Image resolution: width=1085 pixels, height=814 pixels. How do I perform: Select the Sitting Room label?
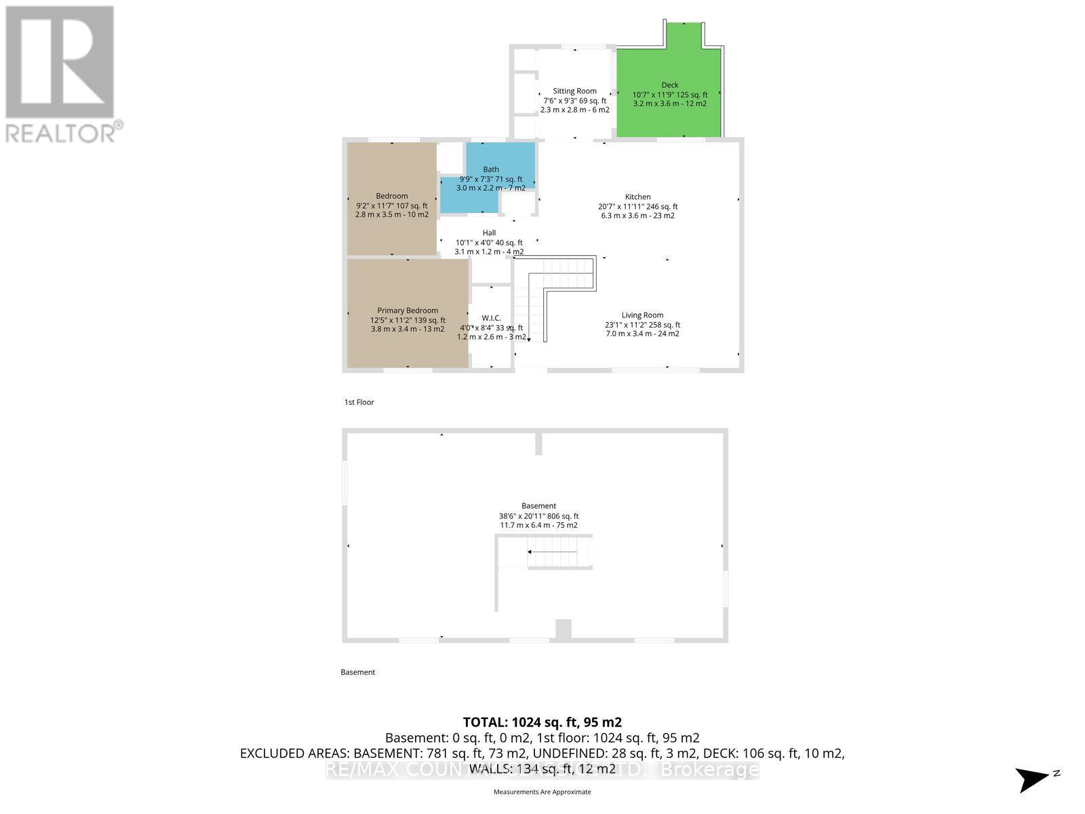(x=574, y=91)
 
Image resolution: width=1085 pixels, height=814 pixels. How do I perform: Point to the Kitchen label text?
(x=637, y=197)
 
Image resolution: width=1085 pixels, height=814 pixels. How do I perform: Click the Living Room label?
(x=642, y=315)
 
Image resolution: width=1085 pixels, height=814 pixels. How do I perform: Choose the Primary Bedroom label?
(x=408, y=311)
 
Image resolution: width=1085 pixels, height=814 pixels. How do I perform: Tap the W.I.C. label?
(x=491, y=318)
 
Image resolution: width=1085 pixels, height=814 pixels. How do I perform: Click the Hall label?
(x=489, y=233)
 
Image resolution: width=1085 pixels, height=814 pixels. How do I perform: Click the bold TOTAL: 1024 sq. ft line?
(x=542, y=722)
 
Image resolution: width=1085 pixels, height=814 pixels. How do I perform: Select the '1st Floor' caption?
(x=359, y=402)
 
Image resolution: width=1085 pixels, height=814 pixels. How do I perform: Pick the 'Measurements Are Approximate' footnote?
(x=542, y=792)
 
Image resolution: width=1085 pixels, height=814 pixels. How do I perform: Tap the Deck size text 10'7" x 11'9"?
(x=650, y=95)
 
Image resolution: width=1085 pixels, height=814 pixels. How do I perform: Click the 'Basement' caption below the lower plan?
(x=357, y=672)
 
